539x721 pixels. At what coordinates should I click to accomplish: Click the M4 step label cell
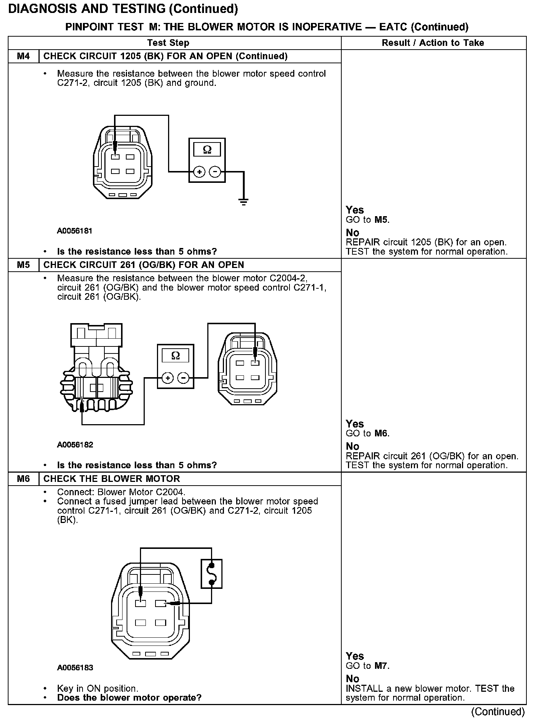[23, 56]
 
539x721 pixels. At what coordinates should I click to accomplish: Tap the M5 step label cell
[23, 265]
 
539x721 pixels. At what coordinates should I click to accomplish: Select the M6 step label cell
[23, 479]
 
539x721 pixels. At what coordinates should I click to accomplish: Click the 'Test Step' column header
[168, 43]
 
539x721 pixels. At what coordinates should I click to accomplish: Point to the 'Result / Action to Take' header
[433, 43]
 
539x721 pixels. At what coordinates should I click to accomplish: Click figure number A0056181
[74, 231]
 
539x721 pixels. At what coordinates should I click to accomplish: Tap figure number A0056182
[75, 445]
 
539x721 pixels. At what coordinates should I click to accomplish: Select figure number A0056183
[75, 668]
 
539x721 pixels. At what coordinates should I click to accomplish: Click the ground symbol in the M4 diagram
[244, 202]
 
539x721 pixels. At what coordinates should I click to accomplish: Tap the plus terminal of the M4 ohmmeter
[199, 172]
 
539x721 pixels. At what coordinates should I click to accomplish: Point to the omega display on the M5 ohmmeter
[175, 356]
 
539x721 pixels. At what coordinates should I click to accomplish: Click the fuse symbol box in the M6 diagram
[211, 574]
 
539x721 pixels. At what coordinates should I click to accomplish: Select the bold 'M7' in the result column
[382, 666]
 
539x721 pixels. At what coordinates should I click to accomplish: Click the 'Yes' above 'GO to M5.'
[355, 210]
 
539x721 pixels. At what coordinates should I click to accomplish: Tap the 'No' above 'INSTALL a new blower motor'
[352, 678]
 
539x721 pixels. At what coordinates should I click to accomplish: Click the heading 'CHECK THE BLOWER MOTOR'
[111, 479]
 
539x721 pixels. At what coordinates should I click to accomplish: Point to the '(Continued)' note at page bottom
[498, 711]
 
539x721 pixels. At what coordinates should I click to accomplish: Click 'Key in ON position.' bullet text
[98, 688]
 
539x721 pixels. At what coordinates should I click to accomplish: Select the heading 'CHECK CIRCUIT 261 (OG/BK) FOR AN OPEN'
[144, 265]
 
